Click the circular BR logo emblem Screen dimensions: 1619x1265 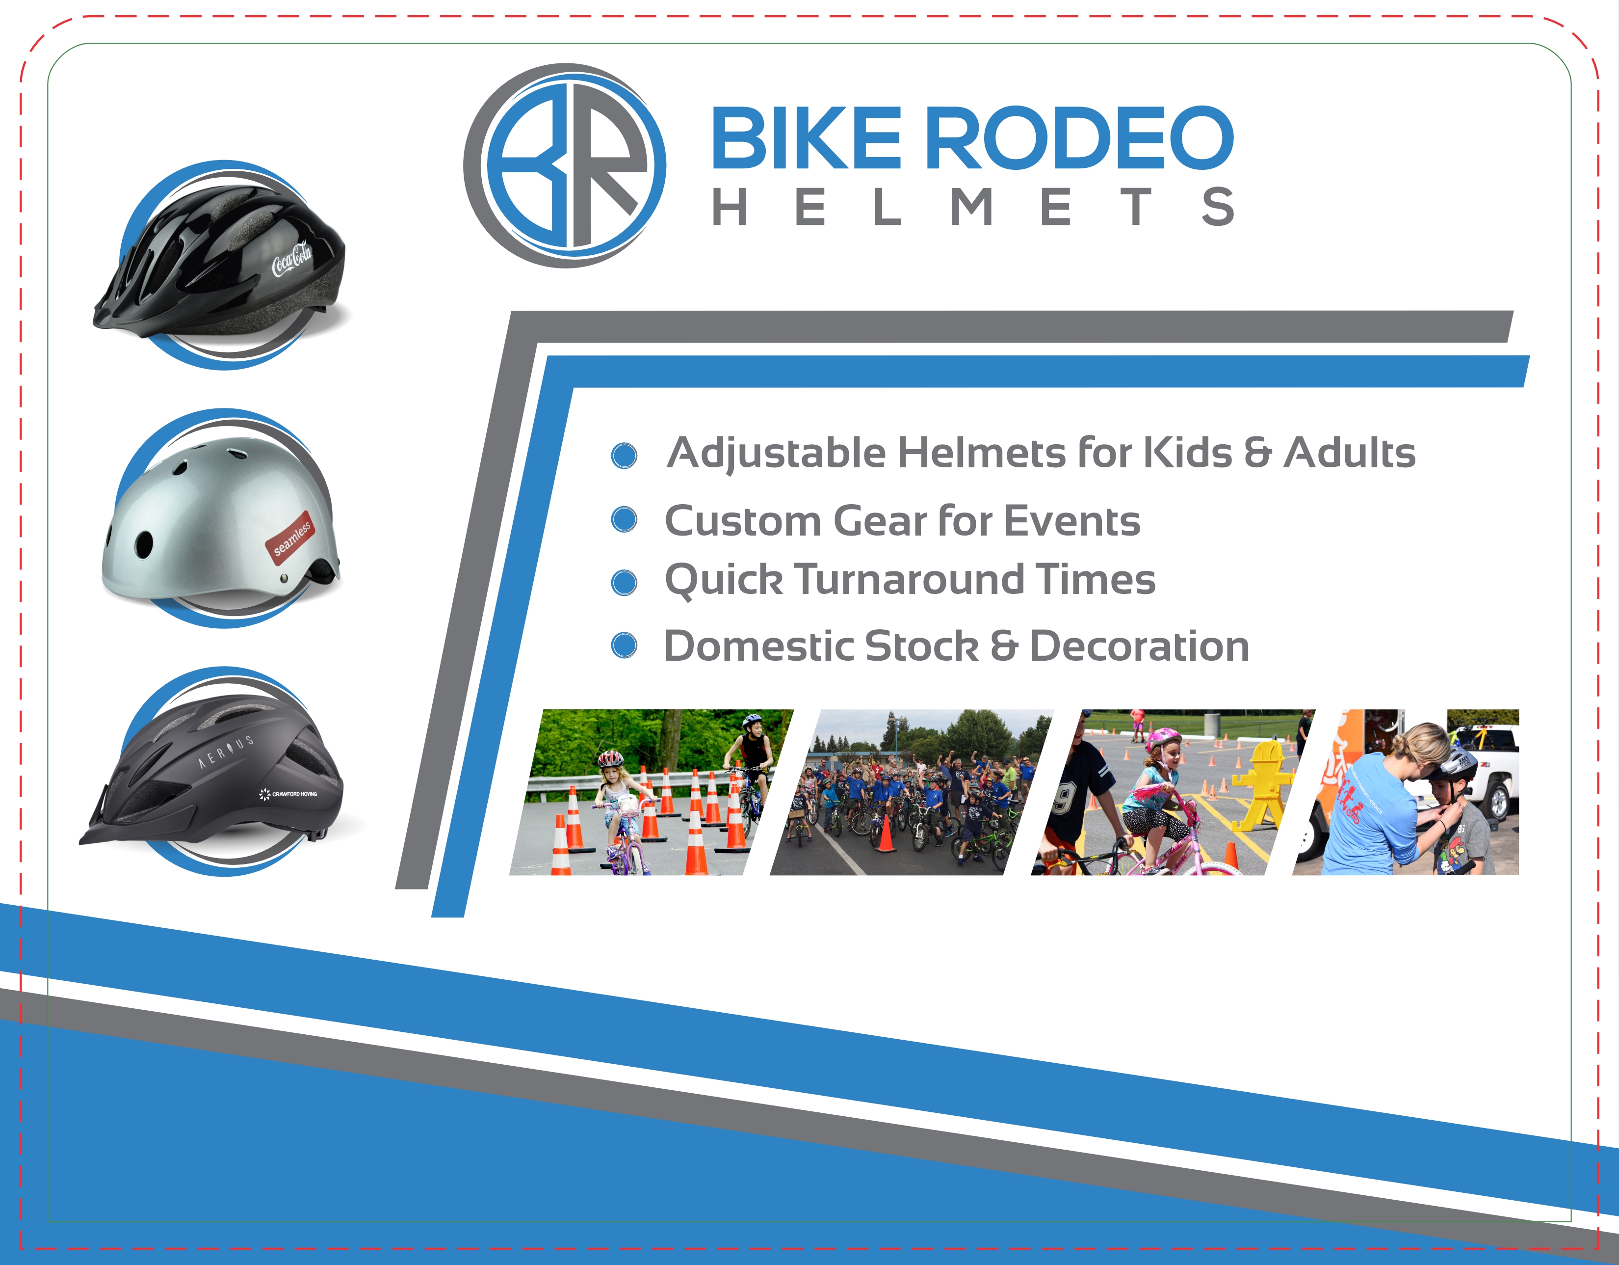(x=565, y=165)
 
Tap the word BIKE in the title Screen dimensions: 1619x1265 (x=807, y=138)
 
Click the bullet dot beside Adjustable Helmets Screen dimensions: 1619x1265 (x=624, y=455)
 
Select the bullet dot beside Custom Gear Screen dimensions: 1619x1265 (x=624, y=520)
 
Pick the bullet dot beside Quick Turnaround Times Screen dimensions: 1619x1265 (x=624, y=583)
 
